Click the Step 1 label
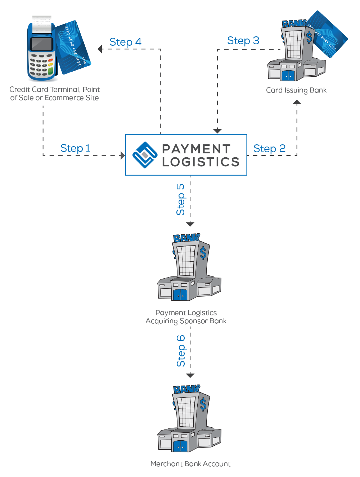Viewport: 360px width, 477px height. click(75, 148)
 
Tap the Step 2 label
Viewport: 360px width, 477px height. click(269, 149)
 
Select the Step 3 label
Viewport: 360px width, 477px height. click(243, 41)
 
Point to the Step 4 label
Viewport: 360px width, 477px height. click(125, 42)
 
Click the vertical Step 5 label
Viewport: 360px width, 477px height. click(180, 199)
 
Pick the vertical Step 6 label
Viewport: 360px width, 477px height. click(181, 351)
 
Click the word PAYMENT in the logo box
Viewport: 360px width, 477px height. click(196, 149)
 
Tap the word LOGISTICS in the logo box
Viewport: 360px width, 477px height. click(201, 162)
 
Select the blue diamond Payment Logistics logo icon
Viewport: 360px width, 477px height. click(145, 155)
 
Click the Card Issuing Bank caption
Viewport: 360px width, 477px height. click(296, 90)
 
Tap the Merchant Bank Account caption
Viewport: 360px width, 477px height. click(190, 464)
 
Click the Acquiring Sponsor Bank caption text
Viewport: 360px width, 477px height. click(186, 321)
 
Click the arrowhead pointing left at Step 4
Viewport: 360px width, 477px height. click(100, 49)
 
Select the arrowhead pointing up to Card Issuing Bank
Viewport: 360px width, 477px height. click(297, 102)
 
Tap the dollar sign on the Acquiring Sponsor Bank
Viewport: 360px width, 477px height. click(203, 253)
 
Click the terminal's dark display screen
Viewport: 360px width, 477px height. click(41, 44)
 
